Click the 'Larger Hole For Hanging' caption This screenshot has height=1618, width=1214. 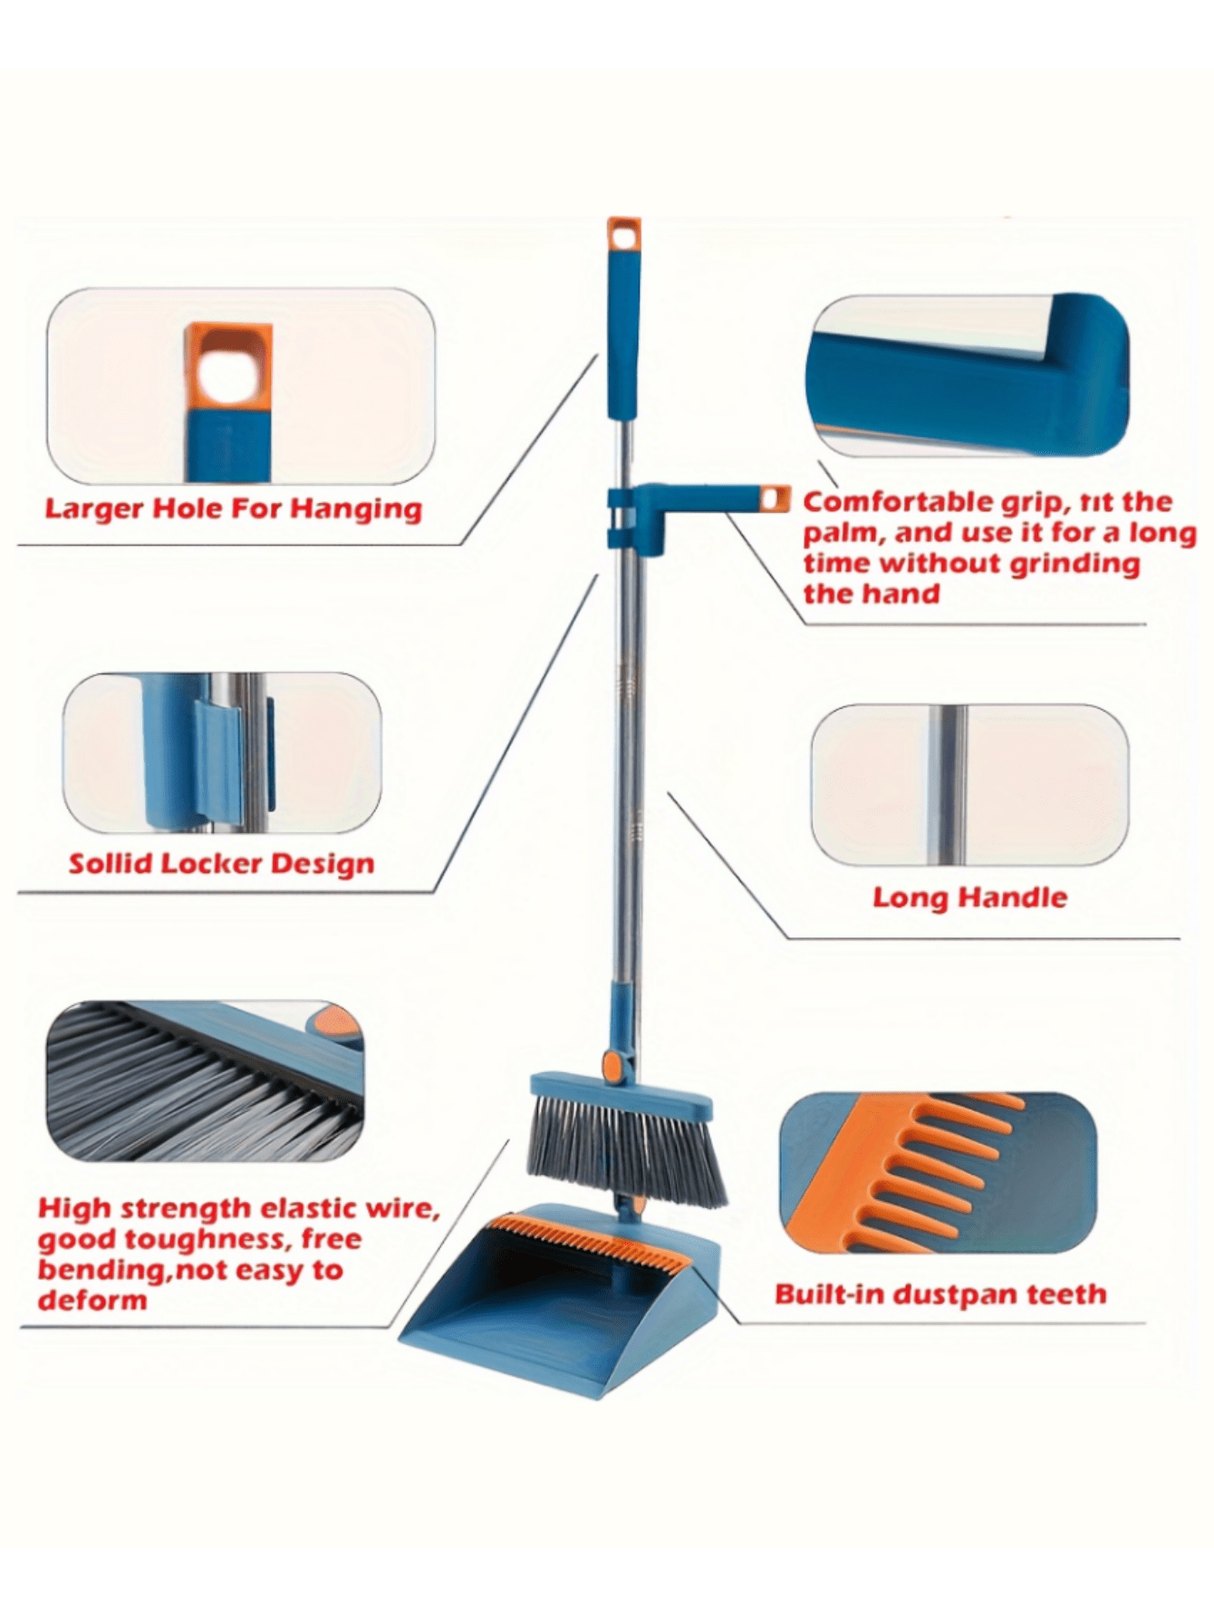[x=233, y=509]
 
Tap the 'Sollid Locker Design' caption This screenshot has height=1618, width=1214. [x=222, y=863]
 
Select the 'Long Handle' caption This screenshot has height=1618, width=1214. [x=969, y=897]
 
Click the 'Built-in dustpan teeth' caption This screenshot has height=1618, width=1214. [x=940, y=1293]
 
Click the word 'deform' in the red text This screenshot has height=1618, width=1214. [x=92, y=1301]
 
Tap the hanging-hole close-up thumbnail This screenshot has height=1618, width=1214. [x=241, y=387]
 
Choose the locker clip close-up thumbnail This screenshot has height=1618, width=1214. [x=222, y=752]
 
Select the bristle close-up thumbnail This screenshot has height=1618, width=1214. [x=205, y=1081]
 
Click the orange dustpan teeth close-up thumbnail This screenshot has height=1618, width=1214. [x=938, y=1172]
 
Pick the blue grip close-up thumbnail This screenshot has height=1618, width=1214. [x=968, y=375]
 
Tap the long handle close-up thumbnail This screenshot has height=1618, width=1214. [x=969, y=785]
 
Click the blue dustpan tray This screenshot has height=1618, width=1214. [x=560, y=1301]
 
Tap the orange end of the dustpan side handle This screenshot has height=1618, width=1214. [x=773, y=499]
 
